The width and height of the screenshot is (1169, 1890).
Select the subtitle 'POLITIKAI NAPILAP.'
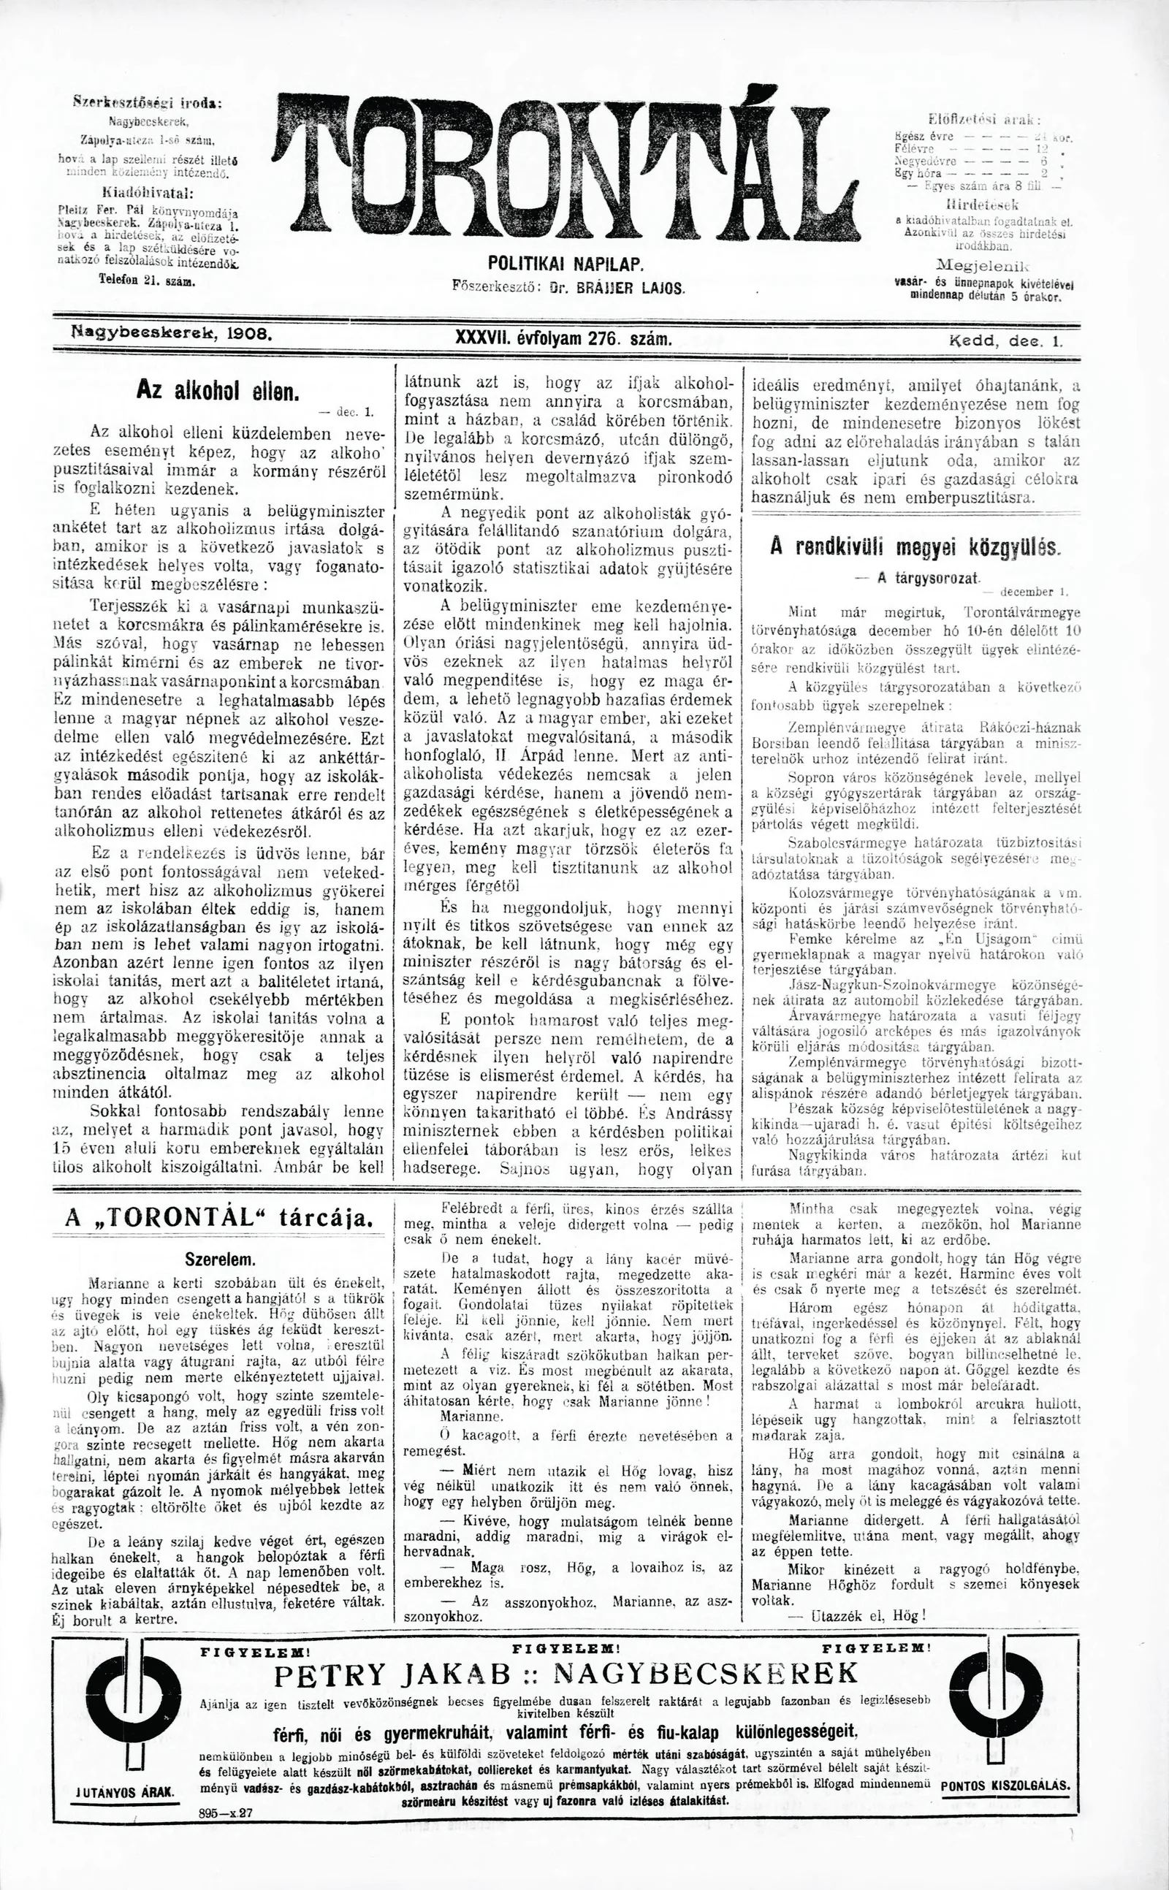coord(566,265)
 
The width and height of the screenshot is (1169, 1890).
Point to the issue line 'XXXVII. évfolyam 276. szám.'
coord(564,338)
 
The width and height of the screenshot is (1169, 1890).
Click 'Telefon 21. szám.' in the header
coord(147,281)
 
